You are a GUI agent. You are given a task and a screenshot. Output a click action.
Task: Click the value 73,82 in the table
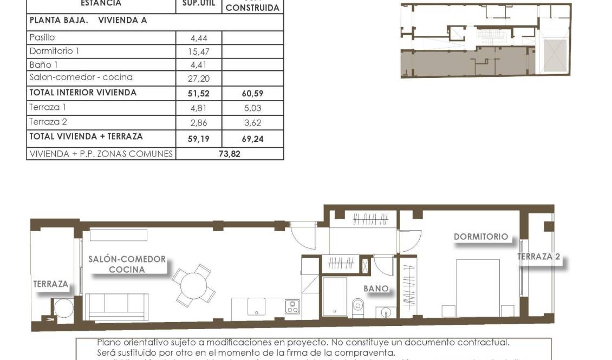point(229,154)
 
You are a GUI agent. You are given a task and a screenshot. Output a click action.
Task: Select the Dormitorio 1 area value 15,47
point(199,52)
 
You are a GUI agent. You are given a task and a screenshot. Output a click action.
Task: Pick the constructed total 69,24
point(252,139)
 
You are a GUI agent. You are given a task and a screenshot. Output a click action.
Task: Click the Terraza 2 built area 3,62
point(252,123)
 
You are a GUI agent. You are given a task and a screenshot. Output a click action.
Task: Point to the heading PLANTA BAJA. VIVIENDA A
point(88,20)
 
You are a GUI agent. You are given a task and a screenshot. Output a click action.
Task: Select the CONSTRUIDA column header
point(252,8)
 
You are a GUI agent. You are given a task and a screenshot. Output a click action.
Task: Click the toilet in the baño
point(358,307)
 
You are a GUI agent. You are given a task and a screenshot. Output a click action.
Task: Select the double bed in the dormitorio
point(477,287)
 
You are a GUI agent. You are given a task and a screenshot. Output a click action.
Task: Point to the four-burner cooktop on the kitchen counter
point(292,307)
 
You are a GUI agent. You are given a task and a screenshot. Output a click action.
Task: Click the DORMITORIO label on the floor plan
point(481,237)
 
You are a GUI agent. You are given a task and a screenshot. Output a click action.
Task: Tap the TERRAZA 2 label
point(538,257)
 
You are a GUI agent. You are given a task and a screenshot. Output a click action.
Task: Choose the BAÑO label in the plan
point(376,289)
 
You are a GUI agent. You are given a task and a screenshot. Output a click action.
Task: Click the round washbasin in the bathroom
point(385,312)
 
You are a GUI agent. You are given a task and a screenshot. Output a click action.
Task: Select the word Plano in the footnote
point(108,342)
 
